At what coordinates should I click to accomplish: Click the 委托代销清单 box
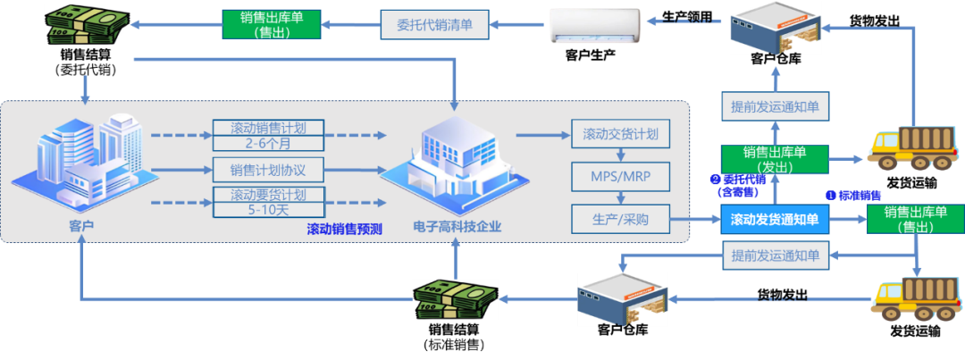[x=435, y=24]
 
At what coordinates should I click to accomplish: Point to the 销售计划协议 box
[x=267, y=170]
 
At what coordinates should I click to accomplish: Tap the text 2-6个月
[x=267, y=142]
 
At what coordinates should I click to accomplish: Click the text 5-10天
[x=267, y=211]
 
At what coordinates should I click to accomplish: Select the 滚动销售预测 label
[x=344, y=229]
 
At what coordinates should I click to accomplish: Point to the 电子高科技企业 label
[x=457, y=227]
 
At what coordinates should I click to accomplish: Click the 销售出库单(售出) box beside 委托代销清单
[x=271, y=23]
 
